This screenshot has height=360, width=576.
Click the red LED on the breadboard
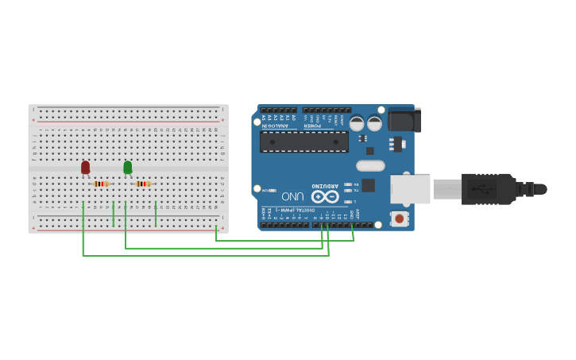[85, 167]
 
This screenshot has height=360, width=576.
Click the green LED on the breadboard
[128, 167]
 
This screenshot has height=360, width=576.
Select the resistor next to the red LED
[101, 184]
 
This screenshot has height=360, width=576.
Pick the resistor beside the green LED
[143, 184]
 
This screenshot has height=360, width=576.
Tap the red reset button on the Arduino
[400, 218]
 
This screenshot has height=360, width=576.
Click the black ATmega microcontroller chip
[304, 141]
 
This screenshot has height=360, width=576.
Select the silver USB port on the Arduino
[411, 189]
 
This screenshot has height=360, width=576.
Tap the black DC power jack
[404, 119]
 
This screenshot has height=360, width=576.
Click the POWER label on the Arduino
[314, 125]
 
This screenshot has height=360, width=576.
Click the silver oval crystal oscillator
[370, 165]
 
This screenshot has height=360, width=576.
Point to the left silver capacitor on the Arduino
[357, 123]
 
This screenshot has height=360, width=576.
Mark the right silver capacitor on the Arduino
[374, 123]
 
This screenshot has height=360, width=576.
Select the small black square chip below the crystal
[368, 185]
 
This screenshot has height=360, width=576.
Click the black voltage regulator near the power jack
[397, 144]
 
